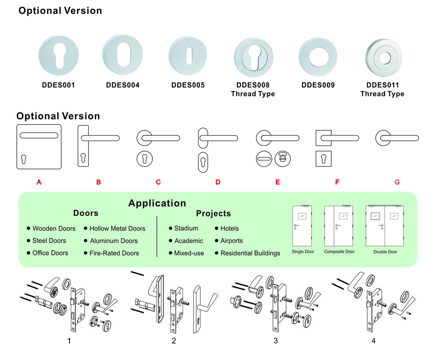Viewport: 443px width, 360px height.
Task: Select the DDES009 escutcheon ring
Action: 318,57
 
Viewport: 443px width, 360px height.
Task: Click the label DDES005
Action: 188,85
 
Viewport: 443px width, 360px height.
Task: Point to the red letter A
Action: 39,182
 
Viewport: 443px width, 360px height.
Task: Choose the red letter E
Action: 278,182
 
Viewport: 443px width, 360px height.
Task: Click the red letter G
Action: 397,182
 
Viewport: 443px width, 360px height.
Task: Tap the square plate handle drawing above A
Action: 39,146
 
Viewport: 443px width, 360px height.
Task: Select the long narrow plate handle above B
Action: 84,146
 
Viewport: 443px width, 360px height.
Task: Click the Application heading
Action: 157,203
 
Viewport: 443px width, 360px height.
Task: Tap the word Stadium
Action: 186,229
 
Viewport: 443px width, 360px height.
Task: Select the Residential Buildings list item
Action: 250,253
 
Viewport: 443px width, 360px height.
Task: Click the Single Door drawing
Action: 303,226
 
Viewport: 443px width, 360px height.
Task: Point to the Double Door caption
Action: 385,252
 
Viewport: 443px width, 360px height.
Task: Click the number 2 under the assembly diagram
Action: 174,341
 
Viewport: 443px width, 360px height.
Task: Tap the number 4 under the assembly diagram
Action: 373,341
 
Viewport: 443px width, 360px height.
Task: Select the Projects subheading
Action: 214,214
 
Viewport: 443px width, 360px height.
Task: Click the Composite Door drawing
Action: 339,226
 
